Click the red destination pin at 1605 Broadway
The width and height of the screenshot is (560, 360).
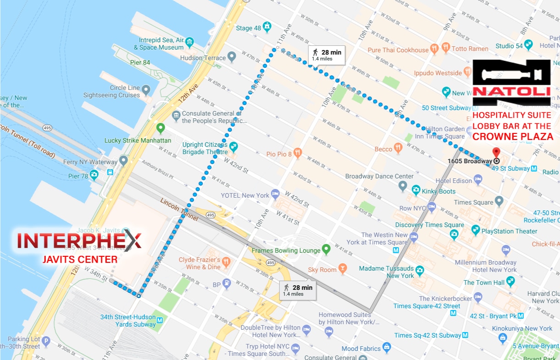[x=496, y=153]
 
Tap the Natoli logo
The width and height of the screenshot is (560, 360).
[x=511, y=83]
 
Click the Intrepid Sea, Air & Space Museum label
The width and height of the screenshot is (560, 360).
[x=159, y=44]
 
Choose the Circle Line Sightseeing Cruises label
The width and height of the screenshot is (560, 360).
[x=111, y=92]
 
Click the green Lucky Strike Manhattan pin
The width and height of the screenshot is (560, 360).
[x=160, y=128]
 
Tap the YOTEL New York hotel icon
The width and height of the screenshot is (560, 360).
[x=275, y=194]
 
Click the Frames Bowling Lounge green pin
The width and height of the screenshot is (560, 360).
[x=326, y=250]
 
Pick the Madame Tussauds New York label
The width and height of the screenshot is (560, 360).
[x=387, y=272]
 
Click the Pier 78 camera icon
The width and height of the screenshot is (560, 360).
[x=94, y=175]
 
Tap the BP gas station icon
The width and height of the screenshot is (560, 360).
[x=226, y=284]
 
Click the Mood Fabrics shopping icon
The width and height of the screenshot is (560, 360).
[x=387, y=348]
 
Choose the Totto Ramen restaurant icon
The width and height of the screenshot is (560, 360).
[x=445, y=48]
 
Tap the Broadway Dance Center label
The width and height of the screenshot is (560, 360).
[x=379, y=176]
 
